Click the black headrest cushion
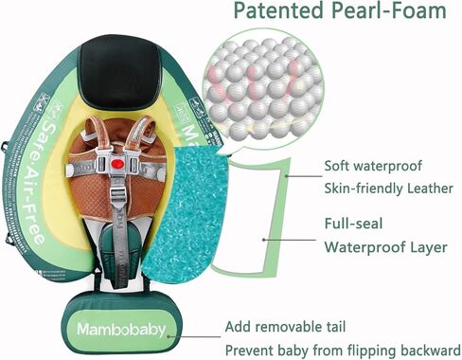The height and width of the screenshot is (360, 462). [x=118, y=71]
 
